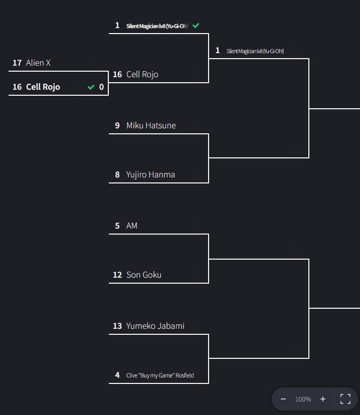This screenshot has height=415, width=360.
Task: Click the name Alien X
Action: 38,63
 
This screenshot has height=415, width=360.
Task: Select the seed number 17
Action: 17,63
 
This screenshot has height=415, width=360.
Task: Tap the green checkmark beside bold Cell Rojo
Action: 91,87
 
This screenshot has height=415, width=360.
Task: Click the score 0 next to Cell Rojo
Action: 101,87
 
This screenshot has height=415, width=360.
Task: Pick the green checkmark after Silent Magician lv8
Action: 196,25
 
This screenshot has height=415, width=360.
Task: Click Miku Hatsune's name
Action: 151,125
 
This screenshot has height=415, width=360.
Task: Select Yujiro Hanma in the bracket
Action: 150,174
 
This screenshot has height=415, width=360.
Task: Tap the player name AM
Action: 132,226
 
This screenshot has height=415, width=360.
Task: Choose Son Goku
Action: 144,275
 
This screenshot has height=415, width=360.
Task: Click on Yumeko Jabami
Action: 155,326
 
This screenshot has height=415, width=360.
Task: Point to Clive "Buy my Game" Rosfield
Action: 160,375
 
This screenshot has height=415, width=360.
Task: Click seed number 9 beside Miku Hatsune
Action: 117,125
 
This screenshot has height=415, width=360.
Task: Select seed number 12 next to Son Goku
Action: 117,275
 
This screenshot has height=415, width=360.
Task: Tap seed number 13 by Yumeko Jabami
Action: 117,326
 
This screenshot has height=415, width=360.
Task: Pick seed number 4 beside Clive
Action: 117,375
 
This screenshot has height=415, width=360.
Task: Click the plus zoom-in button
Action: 323,399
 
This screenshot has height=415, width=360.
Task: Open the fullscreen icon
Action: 345,399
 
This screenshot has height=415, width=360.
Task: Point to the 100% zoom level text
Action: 303,399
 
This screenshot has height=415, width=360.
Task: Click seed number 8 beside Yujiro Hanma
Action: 117,174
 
